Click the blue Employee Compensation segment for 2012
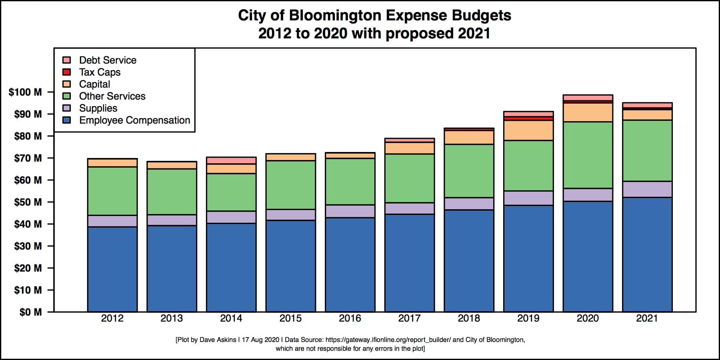[112, 269]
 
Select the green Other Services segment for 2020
[588, 155]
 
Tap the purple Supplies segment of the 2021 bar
[647, 189]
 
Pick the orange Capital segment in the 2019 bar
[528, 130]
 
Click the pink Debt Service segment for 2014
[231, 160]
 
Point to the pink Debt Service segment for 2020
[588, 98]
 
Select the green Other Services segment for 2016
[350, 182]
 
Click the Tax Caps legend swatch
[67, 72]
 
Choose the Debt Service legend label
[108, 60]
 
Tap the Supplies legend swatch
[67, 108]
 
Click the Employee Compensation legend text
[134, 120]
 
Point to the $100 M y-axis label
[25, 92]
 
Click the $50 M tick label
[28, 202]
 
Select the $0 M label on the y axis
[30, 312]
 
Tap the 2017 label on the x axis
[409, 318]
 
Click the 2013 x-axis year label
[172, 318]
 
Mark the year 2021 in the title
[474, 33]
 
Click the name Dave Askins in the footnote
[218, 340]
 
